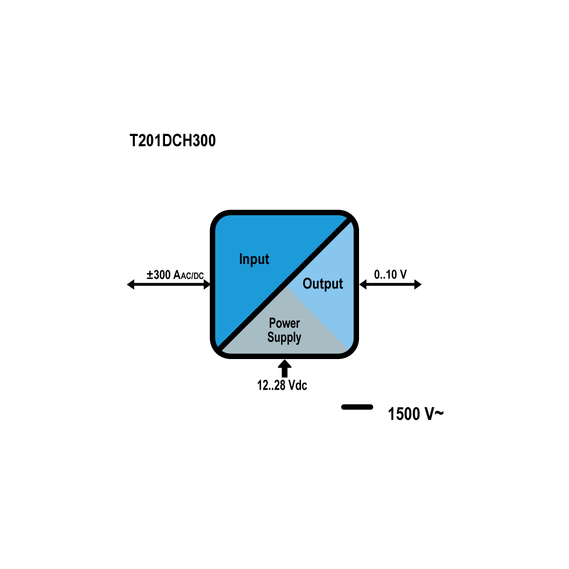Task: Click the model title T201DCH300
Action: tap(173, 141)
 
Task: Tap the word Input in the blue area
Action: tap(254, 259)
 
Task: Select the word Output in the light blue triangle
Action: tap(323, 284)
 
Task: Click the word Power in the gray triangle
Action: tap(284, 323)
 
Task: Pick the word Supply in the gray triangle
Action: tap(284, 337)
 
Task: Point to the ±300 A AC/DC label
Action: tap(175, 275)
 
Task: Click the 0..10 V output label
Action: tap(390, 274)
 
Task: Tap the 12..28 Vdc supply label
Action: tap(282, 385)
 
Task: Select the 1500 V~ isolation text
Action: tap(415, 414)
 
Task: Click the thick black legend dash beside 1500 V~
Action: tap(357, 407)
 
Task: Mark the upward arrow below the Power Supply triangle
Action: tap(284, 368)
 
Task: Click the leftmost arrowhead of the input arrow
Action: tap(131, 284)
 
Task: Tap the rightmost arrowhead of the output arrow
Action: tap(418, 284)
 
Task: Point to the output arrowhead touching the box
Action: tap(363, 284)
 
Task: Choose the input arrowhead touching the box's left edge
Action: tap(207, 284)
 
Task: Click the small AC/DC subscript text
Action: tap(192, 276)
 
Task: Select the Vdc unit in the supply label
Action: tap(298, 385)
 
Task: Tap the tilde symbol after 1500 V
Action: tap(439, 413)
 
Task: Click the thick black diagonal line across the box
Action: tap(284, 284)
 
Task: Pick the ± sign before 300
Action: tap(150, 275)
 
